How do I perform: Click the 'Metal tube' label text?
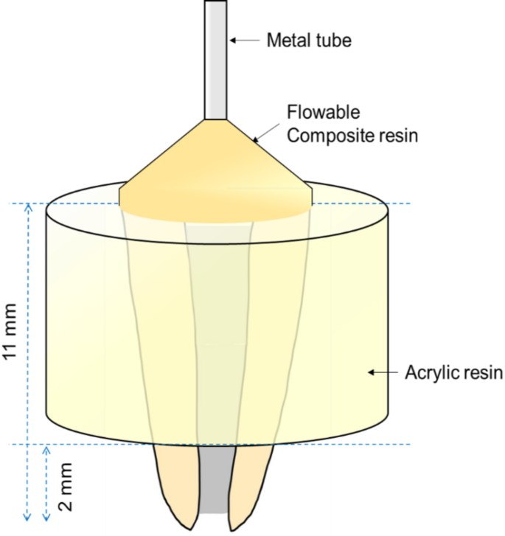tap(308, 39)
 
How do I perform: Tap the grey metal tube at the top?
tap(216, 59)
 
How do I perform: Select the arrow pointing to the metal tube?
tap(245, 39)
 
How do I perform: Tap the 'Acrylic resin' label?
tap(453, 373)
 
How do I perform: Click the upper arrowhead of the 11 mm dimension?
tap(28, 209)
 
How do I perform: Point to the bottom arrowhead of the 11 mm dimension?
tap(28, 518)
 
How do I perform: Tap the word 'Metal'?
tap(285, 39)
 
